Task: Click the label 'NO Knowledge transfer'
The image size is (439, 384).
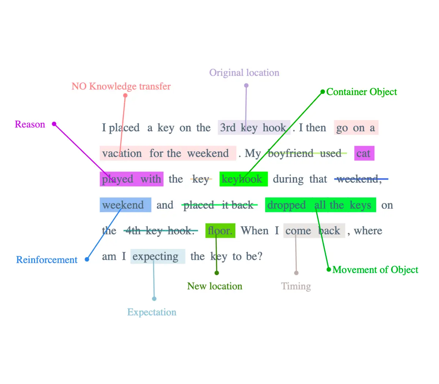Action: pos(121,86)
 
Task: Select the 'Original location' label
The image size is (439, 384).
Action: pos(244,73)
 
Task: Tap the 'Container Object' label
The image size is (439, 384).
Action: pos(361,92)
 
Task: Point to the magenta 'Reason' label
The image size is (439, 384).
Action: pos(30,124)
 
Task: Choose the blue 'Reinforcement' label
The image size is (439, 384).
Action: pos(47,260)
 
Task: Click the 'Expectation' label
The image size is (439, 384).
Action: pos(152,312)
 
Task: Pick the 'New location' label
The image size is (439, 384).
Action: pos(215,286)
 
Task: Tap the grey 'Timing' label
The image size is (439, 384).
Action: pos(296,286)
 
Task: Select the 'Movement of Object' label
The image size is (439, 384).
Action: pos(375,270)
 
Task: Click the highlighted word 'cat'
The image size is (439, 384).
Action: pos(364,153)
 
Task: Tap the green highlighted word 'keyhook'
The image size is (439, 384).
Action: pos(244,179)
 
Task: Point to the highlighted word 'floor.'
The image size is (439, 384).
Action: pos(220,231)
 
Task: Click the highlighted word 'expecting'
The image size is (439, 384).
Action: pos(158,256)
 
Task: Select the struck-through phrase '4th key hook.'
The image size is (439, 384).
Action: pos(161,231)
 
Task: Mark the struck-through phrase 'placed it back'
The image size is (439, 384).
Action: pos(219,205)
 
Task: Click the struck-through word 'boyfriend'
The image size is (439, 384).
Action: pos(291,153)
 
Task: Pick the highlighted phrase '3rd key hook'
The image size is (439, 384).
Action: pos(254,127)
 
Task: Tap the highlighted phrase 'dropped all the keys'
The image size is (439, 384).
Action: pos(320,205)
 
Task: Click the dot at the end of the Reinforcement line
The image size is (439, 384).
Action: pos(87,260)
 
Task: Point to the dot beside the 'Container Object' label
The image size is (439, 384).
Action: pos(323,92)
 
